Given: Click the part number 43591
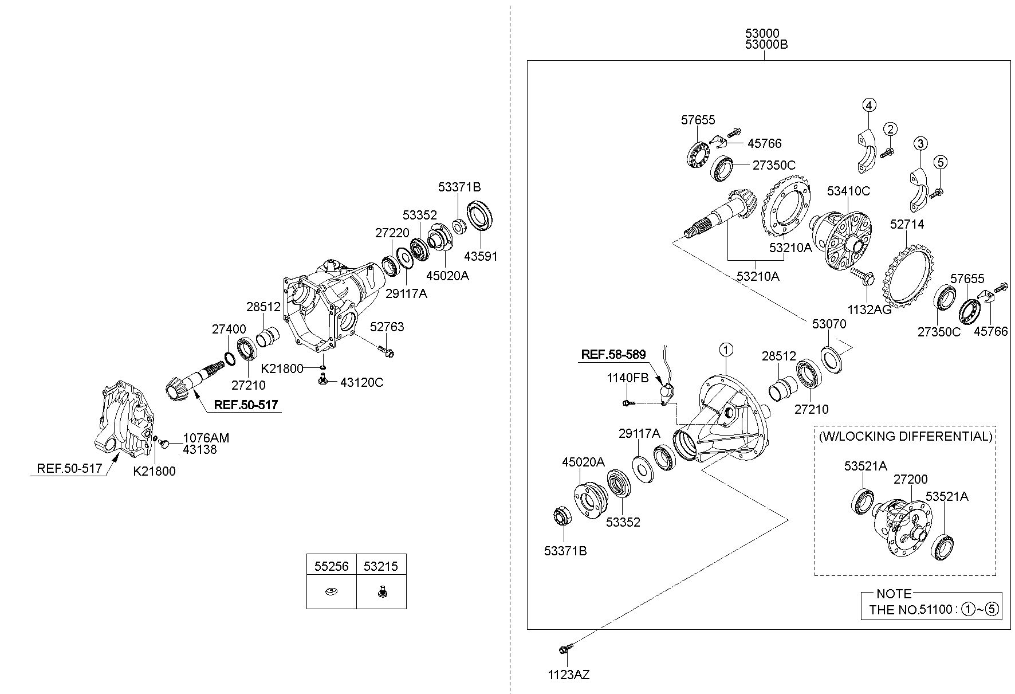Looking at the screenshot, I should (x=481, y=256).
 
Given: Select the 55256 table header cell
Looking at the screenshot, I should (x=331, y=566).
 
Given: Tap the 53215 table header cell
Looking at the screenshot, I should (x=381, y=566).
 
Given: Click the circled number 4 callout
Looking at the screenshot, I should (x=869, y=105).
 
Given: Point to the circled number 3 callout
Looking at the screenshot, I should (x=920, y=143).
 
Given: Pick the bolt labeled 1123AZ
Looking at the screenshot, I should (x=562, y=649).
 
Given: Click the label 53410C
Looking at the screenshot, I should (x=848, y=191).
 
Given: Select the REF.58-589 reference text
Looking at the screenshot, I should (x=613, y=355).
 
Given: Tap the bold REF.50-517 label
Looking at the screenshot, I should (x=246, y=405).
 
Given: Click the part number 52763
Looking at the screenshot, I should (x=387, y=327).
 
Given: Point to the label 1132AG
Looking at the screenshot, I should (x=870, y=310).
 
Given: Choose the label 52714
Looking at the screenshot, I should (x=907, y=225).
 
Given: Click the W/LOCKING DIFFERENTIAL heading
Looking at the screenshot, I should (x=905, y=436).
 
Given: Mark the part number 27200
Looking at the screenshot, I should (x=911, y=479).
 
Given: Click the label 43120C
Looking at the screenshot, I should (x=361, y=382).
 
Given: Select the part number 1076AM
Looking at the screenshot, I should (x=206, y=438).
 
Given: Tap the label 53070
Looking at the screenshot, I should (x=829, y=324).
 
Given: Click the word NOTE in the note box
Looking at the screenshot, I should (x=894, y=594).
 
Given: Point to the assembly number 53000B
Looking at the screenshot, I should (x=766, y=44).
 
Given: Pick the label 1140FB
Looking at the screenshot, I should (x=628, y=378).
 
